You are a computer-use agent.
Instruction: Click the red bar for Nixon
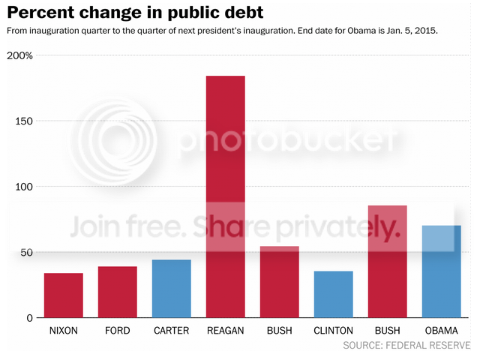pos(64,295)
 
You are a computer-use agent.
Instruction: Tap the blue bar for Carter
pos(172,289)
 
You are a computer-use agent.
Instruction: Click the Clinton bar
pos(334,294)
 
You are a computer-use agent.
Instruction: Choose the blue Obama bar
pos(442,271)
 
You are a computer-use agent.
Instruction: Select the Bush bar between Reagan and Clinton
pos(280,282)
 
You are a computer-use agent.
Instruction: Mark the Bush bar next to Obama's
pos(388,262)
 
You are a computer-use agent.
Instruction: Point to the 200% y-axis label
pos(19,56)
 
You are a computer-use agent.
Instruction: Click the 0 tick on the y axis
pos(31,318)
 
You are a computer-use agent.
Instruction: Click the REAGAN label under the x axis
pos(226,331)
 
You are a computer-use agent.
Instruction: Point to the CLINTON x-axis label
pos(334,331)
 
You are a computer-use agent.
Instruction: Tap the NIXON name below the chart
pos(64,331)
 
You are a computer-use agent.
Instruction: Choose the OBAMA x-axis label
pos(442,331)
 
